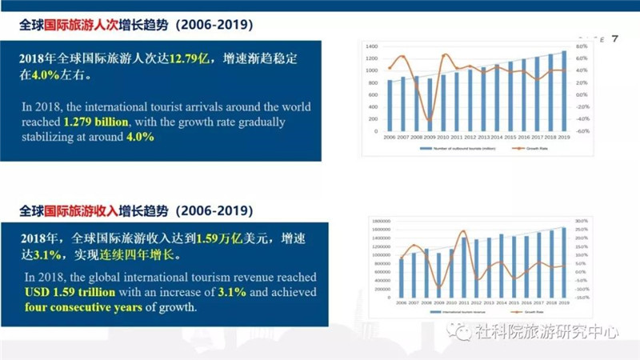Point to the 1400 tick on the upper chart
tap(371, 47)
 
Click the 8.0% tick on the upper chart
tap(582, 47)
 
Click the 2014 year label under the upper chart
tap(497, 138)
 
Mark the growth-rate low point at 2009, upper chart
tap(430, 121)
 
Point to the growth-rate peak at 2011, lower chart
tap(463, 234)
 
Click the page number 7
tap(614, 39)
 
